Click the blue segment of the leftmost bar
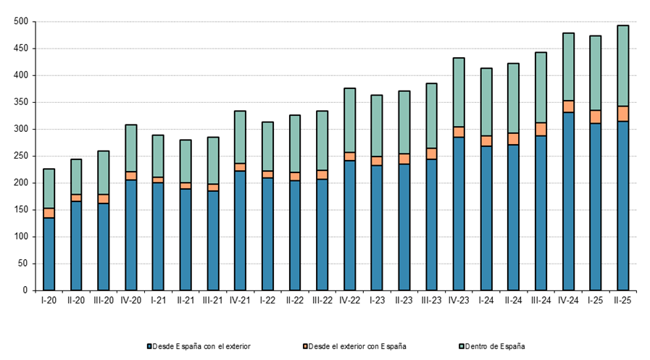pos(49,254)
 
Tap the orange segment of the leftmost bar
pos(49,213)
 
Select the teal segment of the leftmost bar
pos(49,189)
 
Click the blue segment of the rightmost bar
pos(623,206)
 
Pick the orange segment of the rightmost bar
pos(623,114)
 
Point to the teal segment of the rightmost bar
pos(623,66)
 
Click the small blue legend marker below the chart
pos(149,346)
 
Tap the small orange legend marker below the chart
pos(305,346)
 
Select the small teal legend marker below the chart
pos(461,346)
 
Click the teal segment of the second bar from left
pos(76,177)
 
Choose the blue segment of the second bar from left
pos(76,246)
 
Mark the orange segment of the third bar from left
pos(104,198)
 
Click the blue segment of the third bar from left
pos(104,246)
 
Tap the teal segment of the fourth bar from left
pos(131,148)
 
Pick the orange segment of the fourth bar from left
pos(131,176)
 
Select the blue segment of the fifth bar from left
pos(158,236)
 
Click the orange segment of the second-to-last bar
pos(596,117)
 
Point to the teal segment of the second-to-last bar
pos(596,73)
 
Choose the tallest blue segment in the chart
pos(568,201)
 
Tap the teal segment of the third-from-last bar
pos(568,67)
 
